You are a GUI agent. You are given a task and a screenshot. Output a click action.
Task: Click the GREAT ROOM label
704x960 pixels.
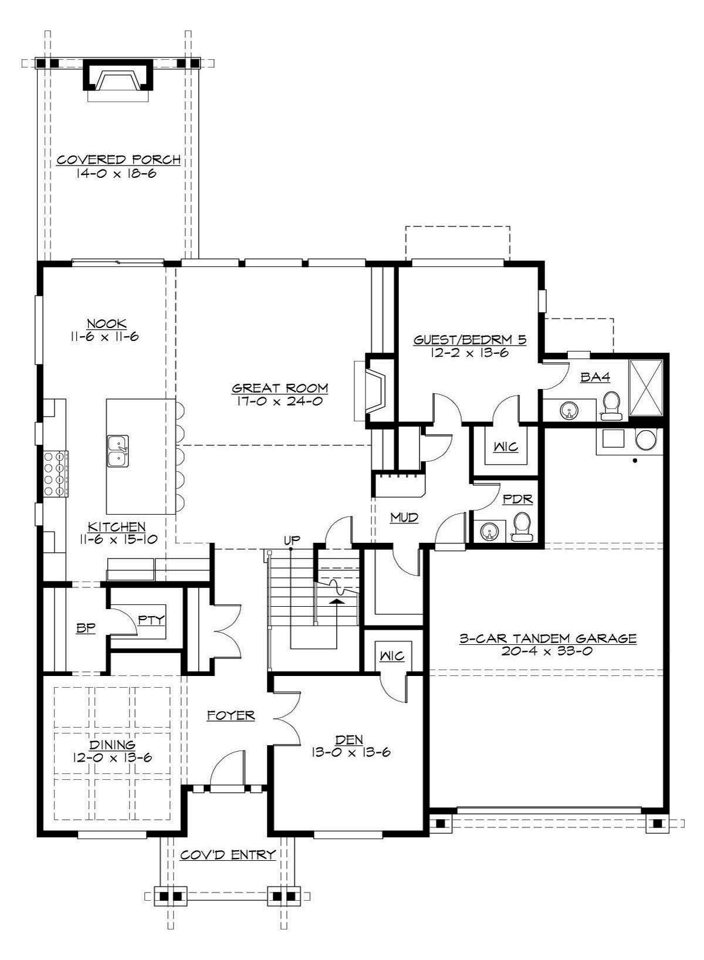pyautogui.click(x=280, y=388)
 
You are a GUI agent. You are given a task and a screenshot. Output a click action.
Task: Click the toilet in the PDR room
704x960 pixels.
pyautogui.click(x=521, y=526)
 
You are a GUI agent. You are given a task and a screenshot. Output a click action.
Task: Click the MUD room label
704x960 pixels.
pyautogui.click(x=405, y=517)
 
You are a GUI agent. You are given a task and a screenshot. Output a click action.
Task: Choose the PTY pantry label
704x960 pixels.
pyautogui.click(x=152, y=619)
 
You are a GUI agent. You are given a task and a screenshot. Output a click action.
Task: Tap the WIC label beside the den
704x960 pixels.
pyautogui.click(x=391, y=655)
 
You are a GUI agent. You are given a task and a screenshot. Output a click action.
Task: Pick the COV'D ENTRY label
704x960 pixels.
pyautogui.click(x=228, y=855)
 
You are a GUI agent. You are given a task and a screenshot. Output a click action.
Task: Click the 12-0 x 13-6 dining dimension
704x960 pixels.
pyautogui.click(x=113, y=758)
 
